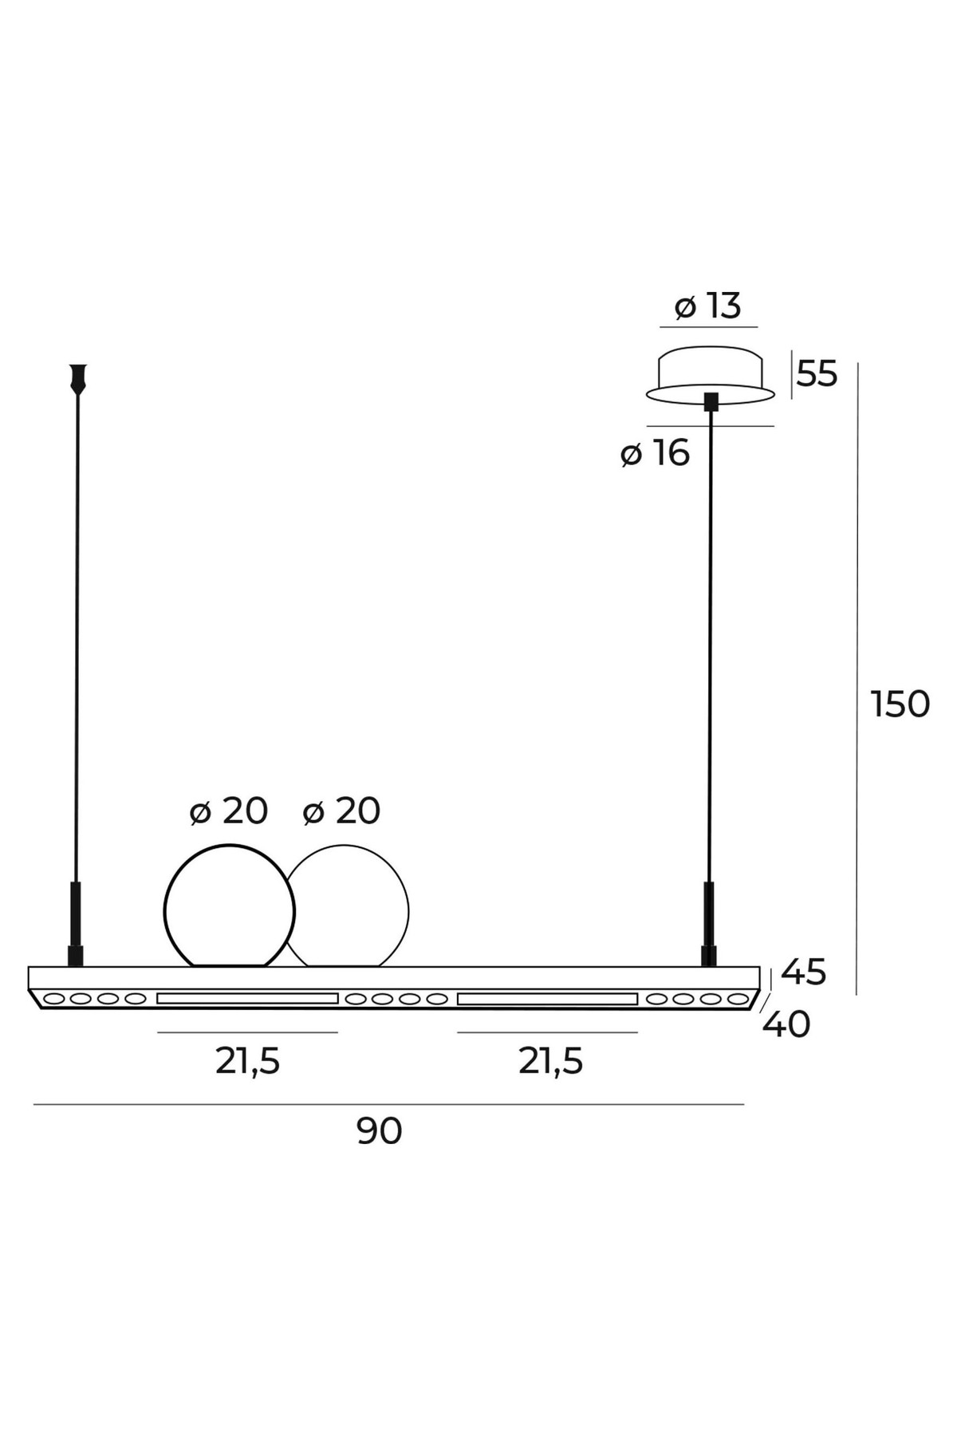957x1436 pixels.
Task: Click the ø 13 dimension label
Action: [x=707, y=306]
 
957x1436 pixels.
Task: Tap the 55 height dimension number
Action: [x=817, y=374]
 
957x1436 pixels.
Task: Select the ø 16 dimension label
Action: [x=655, y=453]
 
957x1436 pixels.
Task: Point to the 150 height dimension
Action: [x=900, y=704]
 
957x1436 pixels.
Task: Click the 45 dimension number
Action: [x=804, y=972]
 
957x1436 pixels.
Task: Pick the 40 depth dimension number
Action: [x=786, y=1024]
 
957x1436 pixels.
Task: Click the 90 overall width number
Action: [x=380, y=1131]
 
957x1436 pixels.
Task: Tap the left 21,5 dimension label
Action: [x=247, y=1062]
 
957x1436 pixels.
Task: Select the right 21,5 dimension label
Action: [x=550, y=1062]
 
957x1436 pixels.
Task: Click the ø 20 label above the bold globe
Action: [x=229, y=811]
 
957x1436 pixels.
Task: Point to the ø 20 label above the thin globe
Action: [x=341, y=811]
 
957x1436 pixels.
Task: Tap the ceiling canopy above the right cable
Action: [x=710, y=374]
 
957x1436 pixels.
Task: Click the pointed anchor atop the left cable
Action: [x=77, y=378]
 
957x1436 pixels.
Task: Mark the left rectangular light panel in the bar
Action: [x=247, y=998]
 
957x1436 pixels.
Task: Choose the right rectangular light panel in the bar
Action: [x=547, y=998]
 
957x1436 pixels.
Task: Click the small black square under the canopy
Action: [x=711, y=402]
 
